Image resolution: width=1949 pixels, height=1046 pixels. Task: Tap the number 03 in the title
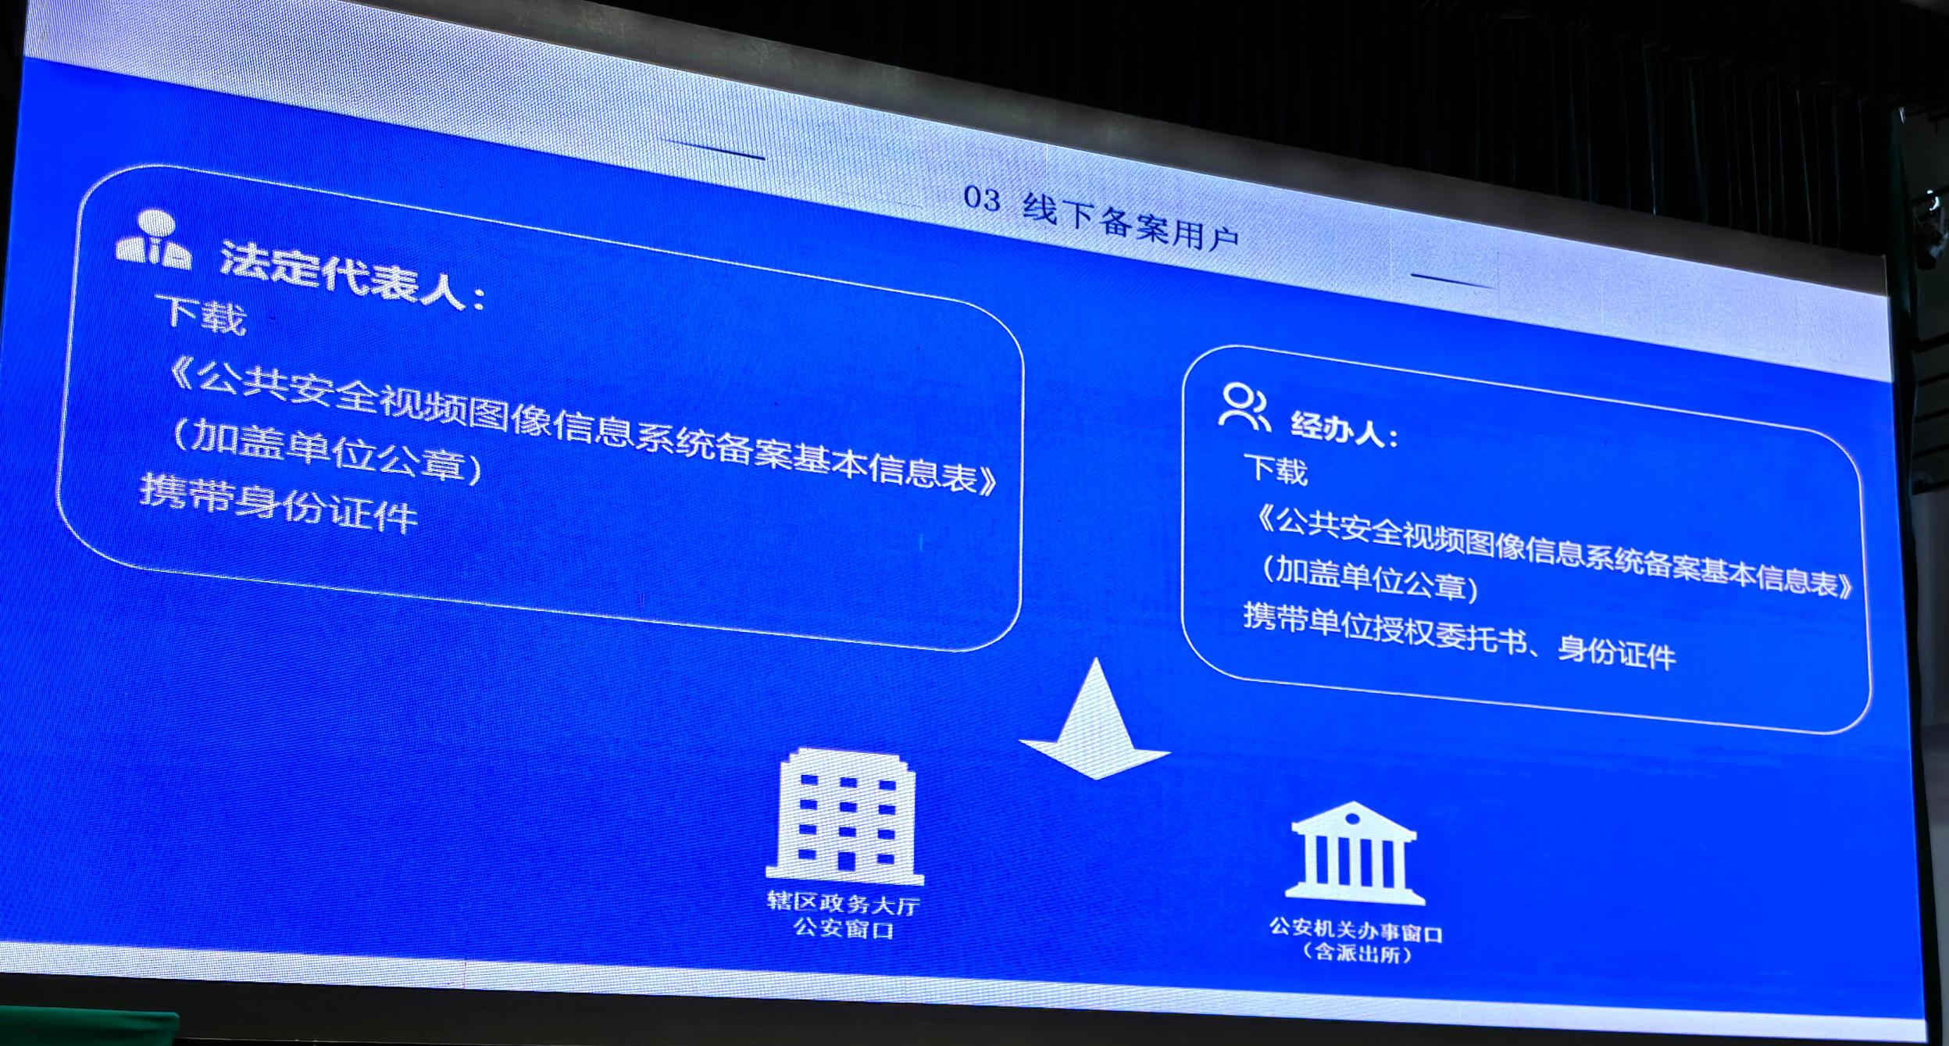coord(982,199)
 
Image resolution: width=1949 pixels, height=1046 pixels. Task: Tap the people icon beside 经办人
coord(1244,406)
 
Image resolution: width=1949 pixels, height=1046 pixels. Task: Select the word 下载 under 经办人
coord(1275,469)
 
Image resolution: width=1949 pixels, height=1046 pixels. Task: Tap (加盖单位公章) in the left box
coord(327,451)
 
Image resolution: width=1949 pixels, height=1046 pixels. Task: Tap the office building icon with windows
coord(845,816)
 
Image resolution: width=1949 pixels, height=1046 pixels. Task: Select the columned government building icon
coord(1355,853)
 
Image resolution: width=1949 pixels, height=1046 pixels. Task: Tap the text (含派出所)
coord(1358,954)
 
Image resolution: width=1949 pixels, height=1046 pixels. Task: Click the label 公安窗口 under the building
coord(844,928)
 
